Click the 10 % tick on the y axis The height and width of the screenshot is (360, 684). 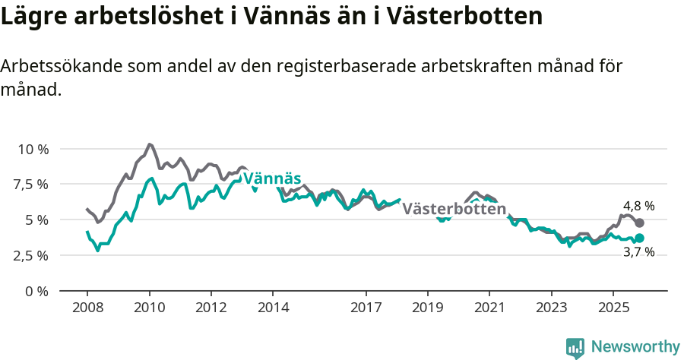point(33,149)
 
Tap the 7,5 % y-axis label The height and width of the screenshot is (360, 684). point(32,185)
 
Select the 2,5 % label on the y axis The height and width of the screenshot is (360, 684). point(32,255)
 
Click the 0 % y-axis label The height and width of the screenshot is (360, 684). point(37,291)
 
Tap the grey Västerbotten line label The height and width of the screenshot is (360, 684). point(454,209)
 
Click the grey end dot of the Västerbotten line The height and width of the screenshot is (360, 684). point(640,223)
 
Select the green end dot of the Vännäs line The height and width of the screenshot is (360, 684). point(640,238)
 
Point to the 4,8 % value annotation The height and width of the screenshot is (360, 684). point(638,206)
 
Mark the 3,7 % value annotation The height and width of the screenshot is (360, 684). point(638,252)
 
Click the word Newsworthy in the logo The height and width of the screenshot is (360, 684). point(635,347)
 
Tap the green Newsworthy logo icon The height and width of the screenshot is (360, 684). point(575,348)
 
